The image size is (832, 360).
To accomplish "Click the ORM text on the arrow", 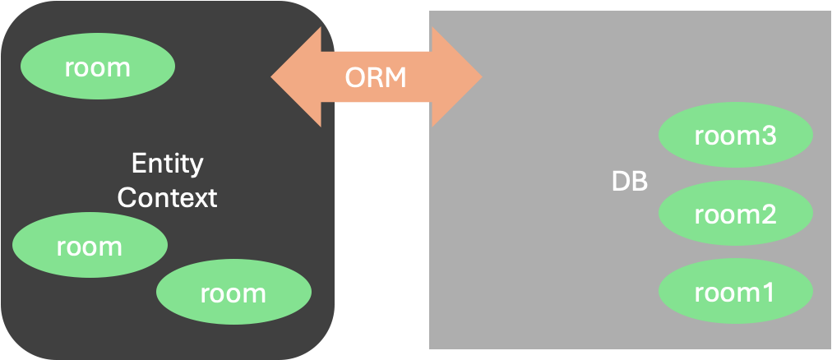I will [376, 77].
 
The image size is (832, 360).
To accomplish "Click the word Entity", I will [167, 164].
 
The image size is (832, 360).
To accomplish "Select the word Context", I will [167, 197].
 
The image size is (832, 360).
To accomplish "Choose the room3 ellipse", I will [735, 136].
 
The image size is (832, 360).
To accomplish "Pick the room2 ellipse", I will [735, 215].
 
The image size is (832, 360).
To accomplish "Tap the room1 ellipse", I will [735, 292].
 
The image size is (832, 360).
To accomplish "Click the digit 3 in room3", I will [767, 136].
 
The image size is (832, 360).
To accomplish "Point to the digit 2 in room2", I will [767, 215].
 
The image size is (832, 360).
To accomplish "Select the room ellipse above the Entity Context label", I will [97, 67].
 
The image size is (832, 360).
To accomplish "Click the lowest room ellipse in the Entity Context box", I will [233, 293].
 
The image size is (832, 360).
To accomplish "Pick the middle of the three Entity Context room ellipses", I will [90, 246].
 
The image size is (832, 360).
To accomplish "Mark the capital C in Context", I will [127, 197].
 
